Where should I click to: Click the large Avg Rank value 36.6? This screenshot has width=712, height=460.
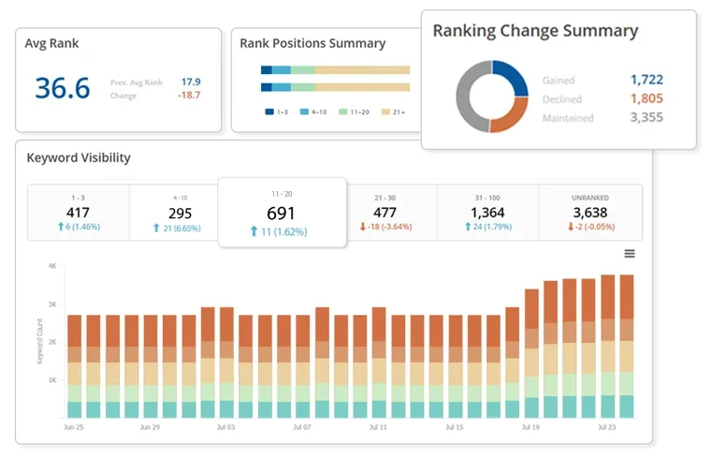click(x=63, y=88)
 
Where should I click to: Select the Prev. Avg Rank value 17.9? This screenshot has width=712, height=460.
click(x=191, y=82)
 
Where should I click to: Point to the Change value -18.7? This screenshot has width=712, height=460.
click(x=189, y=96)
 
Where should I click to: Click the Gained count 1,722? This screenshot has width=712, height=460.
click(x=646, y=81)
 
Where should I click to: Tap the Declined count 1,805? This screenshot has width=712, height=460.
click(x=646, y=98)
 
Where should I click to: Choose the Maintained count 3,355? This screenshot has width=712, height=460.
click(x=646, y=118)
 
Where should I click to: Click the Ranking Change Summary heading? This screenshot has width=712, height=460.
click(x=535, y=31)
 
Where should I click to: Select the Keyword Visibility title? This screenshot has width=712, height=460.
click(x=79, y=157)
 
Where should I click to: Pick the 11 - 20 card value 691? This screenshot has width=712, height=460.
click(x=282, y=213)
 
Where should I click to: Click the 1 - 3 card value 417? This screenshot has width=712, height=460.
click(x=79, y=212)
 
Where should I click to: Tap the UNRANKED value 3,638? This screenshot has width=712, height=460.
click(x=590, y=212)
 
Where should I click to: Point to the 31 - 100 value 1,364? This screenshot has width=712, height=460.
click(x=488, y=212)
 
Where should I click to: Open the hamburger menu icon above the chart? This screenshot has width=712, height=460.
click(x=630, y=253)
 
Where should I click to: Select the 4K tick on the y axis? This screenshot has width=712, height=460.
click(x=53, y=266)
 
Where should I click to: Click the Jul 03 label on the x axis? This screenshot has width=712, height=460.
click(x=225, y=426)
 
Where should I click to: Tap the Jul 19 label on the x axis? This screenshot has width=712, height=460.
click(x=531, y=426)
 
